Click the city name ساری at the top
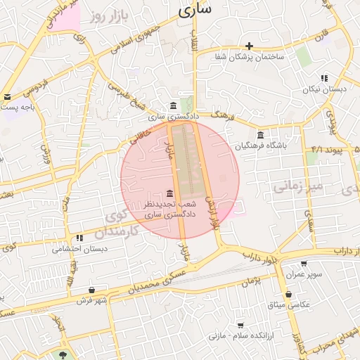(195, 11)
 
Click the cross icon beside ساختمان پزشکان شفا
(249, 46)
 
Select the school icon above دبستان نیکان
(323, 78)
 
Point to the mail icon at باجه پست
(7, 97)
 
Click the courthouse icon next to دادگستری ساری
(174, 105)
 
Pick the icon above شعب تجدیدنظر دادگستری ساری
(169, 193)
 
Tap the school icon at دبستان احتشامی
(79, 238)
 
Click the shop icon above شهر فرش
(92, 290)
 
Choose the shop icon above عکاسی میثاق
(288, 295)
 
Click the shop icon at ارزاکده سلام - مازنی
(241, 326)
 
